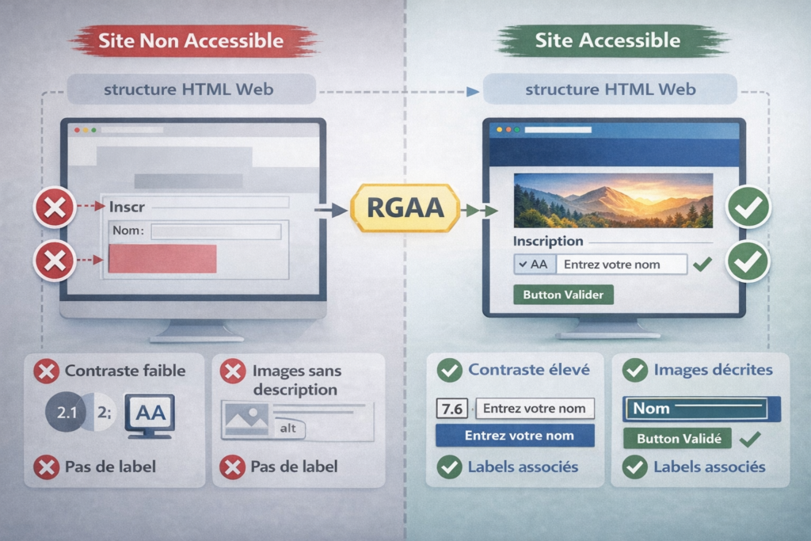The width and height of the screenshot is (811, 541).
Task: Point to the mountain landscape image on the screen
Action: (x=612, y=201)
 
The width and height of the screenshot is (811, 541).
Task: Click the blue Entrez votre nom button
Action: (x=515, y=436)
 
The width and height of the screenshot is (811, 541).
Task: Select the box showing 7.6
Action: (x=452, y=409)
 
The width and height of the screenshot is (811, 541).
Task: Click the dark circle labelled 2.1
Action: (x=66, y=413)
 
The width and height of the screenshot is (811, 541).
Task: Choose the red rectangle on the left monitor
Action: (x=162, y=259)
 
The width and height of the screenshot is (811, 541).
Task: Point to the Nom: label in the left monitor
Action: (x=128, y=231)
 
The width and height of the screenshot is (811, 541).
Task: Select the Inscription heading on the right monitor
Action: (x=548, y=241)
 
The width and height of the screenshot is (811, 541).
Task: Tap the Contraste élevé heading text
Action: (x=529, y=369)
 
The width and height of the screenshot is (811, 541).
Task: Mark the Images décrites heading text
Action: (x=713, y=369)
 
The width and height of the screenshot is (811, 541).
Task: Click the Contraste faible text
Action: (x=125, y=370)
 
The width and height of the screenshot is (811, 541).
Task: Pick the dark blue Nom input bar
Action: (x=702, y=409)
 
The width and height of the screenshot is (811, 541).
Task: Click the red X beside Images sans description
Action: (x=232, y=371)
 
